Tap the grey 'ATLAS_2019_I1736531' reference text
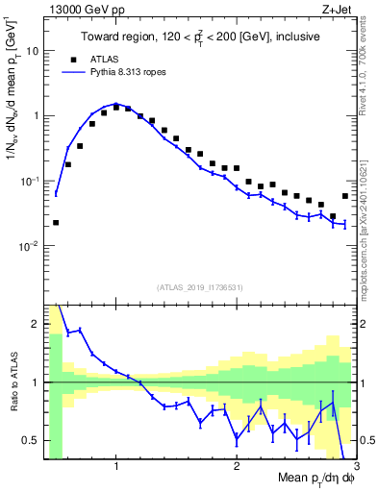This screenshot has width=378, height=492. [x=200, y=286]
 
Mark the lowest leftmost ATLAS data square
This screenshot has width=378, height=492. [x=56, y=222]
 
